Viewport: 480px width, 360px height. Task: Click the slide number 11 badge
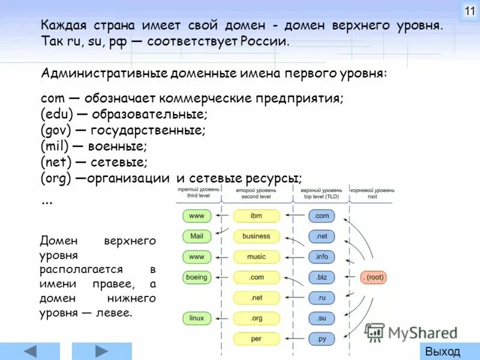click(469, 11)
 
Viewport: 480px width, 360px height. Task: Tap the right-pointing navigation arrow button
click(102, 351)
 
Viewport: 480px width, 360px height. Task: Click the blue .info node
click(322, 257)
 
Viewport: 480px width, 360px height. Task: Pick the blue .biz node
click(322, 277)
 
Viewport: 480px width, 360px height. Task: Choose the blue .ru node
click(322, 298)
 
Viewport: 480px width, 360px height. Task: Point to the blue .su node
click(322, 318)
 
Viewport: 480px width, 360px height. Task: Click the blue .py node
click(322, 338)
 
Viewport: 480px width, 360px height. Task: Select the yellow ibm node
click(256, 216)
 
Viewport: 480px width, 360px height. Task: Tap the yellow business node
click(256, 236)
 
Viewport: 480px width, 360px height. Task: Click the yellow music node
click(256, 257)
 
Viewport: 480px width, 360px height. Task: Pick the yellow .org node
click(256, 318)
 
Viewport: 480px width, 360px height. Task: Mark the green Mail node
click(196, 236)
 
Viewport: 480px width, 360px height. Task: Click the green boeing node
click(196, 277)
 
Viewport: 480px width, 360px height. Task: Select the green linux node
click(196, 318)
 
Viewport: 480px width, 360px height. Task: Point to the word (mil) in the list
click(55, 146)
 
